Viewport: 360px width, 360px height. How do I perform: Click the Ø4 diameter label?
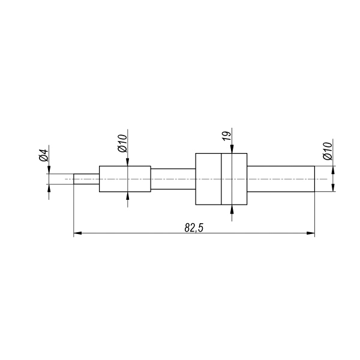point(44,155)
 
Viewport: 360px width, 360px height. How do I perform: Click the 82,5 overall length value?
point(194,228)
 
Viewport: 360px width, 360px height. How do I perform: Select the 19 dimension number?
point(227,136)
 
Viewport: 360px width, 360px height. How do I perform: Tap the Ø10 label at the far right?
point(328,151)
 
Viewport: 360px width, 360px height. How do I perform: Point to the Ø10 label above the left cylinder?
point(122,143)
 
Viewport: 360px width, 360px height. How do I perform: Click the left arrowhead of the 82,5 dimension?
point(77,233)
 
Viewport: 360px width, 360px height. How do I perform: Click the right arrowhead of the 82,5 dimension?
point(311,233)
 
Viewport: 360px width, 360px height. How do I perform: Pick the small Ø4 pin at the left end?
point(86,179)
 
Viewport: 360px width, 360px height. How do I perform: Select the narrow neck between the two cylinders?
point(173,179)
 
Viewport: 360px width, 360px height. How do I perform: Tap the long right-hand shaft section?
point(281,179)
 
